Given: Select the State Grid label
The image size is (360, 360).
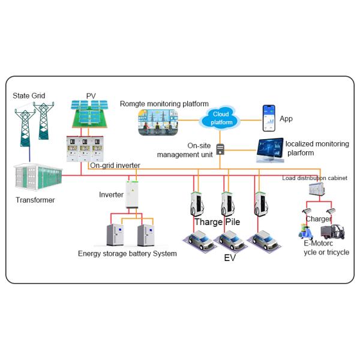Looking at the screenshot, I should point(28,96).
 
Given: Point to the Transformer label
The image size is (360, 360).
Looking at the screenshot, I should point(35,200).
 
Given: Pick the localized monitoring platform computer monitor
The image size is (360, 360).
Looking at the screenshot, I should point(270,150).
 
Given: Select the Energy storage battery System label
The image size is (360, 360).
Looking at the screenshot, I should point(127,253).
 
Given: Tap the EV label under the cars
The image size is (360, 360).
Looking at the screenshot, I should point(230,257).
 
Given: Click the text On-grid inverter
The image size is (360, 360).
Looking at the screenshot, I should point(115,165).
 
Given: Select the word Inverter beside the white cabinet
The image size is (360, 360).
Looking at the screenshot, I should point(110,194).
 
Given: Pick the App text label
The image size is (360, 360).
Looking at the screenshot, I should point(286,119).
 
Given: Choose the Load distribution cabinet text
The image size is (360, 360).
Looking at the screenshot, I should point(314,178).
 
